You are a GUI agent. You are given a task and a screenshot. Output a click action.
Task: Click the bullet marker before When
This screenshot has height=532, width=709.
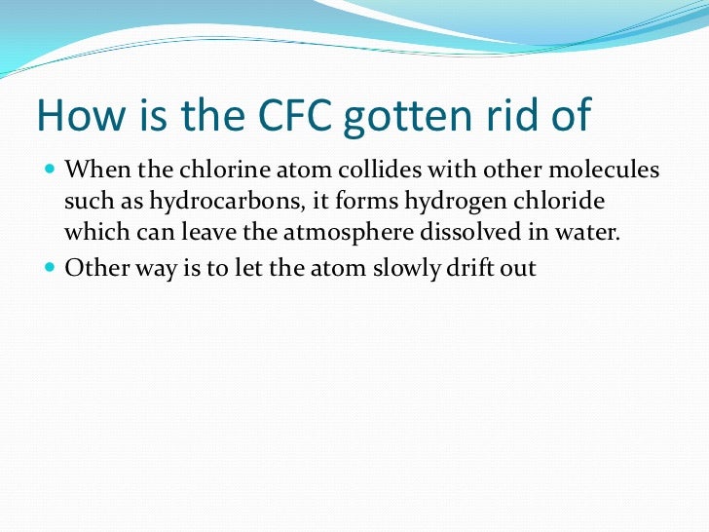click(52, 171)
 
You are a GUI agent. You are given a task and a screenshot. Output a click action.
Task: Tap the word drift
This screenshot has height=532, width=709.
click(478, 267)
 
